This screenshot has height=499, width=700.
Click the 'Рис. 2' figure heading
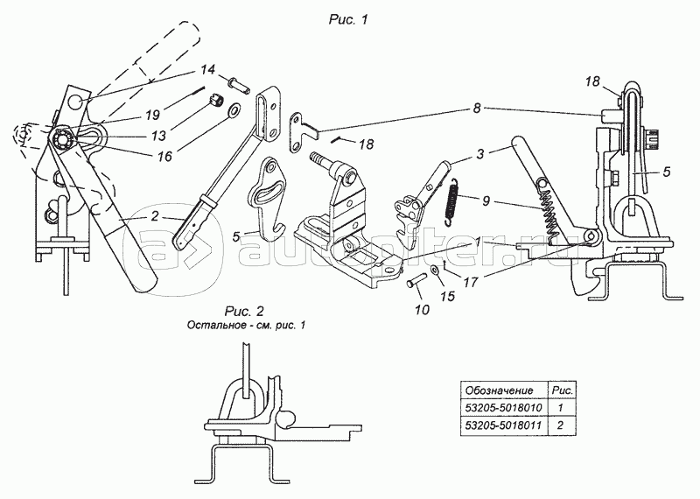pos(242,311)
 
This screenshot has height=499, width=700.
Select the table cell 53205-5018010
pos(498,408)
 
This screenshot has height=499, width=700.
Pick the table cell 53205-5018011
pos(498,426)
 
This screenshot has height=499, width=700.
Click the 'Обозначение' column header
pos(498,389)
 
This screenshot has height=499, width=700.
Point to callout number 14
pos(206,69)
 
